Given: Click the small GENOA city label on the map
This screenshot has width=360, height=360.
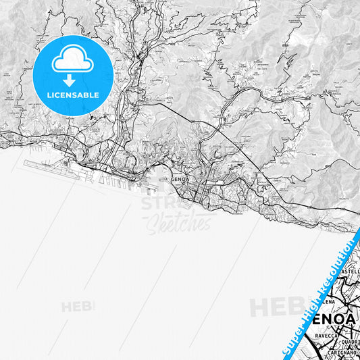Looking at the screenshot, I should [181, 180].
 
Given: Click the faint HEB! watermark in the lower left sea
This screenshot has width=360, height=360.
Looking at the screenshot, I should [78, 307].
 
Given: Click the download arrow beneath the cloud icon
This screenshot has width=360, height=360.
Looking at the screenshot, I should [73, 80].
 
